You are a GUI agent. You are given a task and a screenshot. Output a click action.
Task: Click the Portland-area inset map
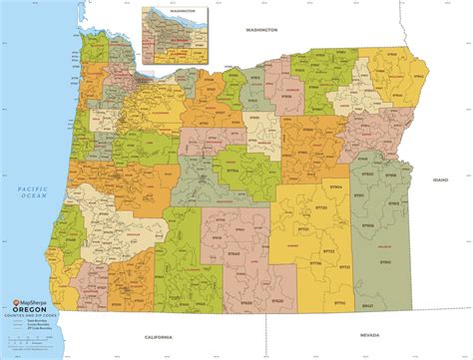(173, 32)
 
